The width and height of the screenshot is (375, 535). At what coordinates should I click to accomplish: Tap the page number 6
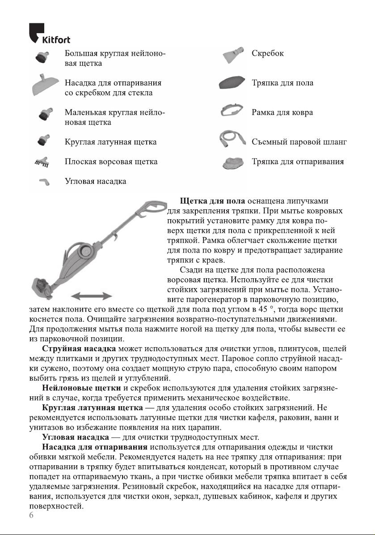click(31, 515)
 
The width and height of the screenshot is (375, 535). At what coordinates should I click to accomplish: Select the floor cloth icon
click(232, 83)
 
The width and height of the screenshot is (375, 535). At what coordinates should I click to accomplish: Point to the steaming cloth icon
click(234, 163)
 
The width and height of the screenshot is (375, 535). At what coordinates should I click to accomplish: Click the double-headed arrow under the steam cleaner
click(92, 296)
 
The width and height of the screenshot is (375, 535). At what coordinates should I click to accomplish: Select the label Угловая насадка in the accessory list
click(95, 181)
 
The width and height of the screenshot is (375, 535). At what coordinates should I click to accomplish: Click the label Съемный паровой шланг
click(299, 142)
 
